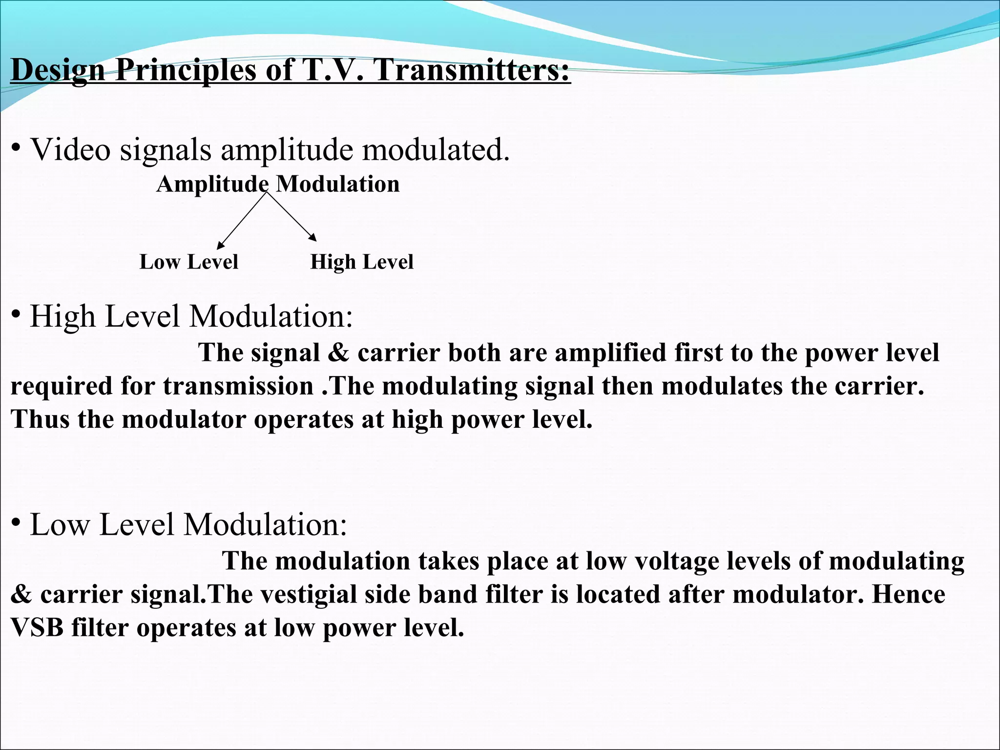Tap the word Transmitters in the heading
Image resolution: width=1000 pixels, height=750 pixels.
tap(472, 69)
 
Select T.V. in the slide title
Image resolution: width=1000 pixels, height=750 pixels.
tap(333, 69)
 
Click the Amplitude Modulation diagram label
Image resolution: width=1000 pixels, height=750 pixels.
tap(278, 185)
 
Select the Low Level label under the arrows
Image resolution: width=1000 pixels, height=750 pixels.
tap(188, 262)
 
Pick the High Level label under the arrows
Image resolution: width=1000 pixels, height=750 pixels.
tap(362, 262)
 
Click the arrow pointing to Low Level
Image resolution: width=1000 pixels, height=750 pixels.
tap(241, 221)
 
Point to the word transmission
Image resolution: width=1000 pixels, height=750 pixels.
tap(238, 386)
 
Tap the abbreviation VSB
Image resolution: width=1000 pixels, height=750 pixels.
tap(37, 627)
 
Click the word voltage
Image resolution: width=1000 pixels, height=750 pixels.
tap(677, 561)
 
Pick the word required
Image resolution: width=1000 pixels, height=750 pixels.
tap(62, 387)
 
